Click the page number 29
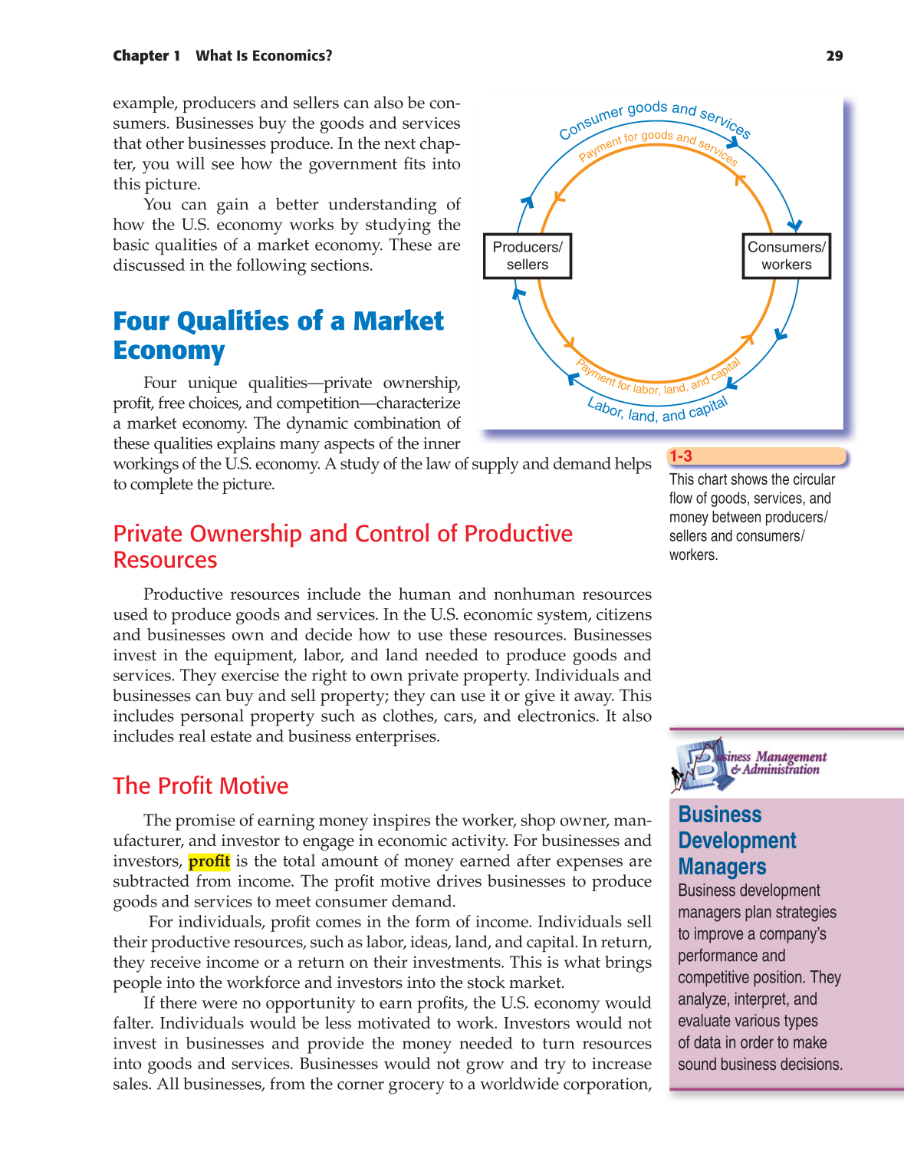[834, 55]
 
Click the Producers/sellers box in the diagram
[528, 256]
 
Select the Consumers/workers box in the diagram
[786, 256]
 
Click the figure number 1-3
[681, 456]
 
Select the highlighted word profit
[209, 861]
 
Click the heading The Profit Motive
[201, 786]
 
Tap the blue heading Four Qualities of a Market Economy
[278, 335]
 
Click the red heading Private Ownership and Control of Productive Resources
[343, 546]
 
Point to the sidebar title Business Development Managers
[737, 841]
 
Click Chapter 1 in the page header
[146, 55]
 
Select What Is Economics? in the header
[264, 55]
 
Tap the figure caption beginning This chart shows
[751, 516]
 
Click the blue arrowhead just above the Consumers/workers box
[795, 225]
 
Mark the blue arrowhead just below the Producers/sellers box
[519, 293]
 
